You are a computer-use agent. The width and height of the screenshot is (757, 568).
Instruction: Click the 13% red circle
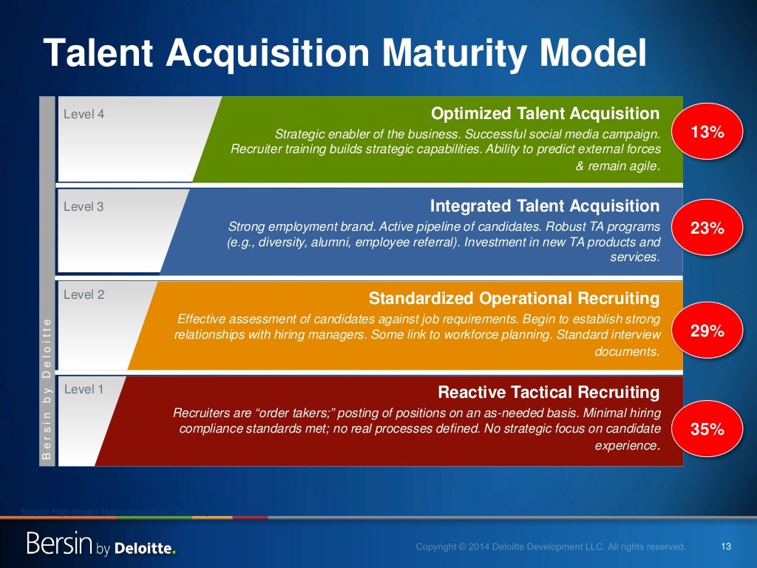[x=706, y=132]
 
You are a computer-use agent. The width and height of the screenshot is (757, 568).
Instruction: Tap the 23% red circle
[x=706, y=229]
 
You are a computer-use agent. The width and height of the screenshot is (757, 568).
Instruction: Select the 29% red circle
[x=706, y=331]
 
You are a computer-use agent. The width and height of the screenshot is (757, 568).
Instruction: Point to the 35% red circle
[x=706, y=429]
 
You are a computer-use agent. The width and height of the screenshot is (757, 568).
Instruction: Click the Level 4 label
[x=84, y=115]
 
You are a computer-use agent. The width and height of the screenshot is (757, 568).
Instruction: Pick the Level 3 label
[x=84, y=207]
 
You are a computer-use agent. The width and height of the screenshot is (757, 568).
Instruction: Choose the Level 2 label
[x=84, y=294]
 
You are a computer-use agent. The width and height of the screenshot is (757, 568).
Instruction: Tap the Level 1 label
[x=84, y=389]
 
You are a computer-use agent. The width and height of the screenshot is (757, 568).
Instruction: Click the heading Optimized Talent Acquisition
[x=545, y=114]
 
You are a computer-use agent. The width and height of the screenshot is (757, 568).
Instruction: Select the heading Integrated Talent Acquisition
[x=545, y=206]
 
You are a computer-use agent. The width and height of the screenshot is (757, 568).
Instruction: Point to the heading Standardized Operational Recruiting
[x=514, y=299]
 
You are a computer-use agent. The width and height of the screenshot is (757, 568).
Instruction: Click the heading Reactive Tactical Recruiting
[x=549, y=392]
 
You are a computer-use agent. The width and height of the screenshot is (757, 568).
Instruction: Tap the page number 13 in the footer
[x=724, y=547]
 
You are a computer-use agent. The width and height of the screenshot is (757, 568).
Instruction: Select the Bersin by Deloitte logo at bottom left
[x=101, y=545]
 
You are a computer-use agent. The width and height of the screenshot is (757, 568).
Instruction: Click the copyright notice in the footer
[x=550, y=547]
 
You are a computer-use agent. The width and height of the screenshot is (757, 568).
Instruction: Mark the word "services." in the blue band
[x=635, y=257]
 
